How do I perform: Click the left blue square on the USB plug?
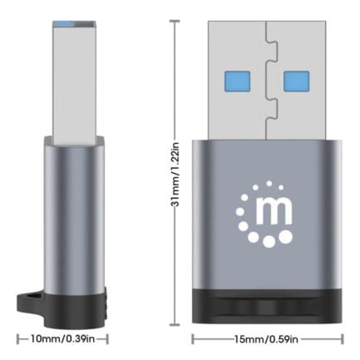(234, 81)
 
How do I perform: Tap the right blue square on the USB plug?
(296, 81)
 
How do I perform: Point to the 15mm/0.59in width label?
(266, 338)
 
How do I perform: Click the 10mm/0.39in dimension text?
(63, 338)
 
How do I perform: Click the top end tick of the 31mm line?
(175, 22)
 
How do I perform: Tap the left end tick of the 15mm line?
(193, 338)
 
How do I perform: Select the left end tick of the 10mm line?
(18, 338)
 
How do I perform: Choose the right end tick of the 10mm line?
(109, 338)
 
